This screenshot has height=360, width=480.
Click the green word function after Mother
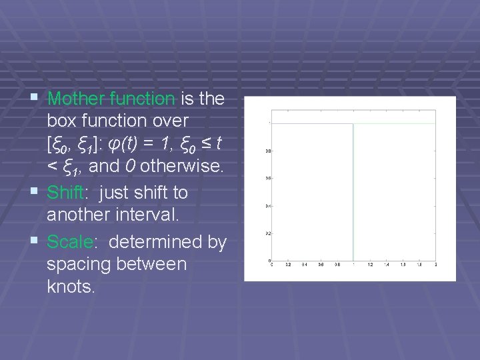[143, 99]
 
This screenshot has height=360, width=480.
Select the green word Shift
[65, 193]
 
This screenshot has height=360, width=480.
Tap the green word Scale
[67, 242]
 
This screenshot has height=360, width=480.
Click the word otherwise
[181, 166]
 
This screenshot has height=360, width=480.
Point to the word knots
[71, 287]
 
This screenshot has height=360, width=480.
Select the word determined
[157, 242]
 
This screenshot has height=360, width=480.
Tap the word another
[76, 215]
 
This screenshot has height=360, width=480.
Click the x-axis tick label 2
[435, 265]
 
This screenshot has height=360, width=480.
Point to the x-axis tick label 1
[353, 265]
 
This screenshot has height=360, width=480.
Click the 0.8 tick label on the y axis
[267, 151]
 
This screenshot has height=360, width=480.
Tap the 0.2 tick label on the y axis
[267, 233]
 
